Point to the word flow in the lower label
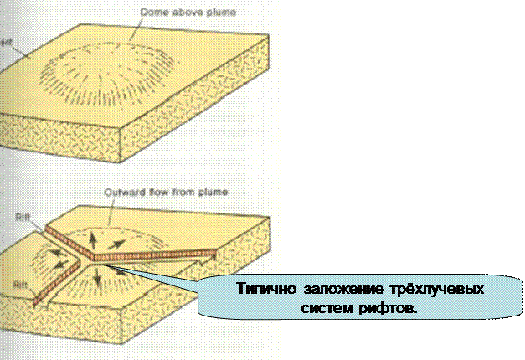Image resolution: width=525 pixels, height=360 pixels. [x=152, y=193]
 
